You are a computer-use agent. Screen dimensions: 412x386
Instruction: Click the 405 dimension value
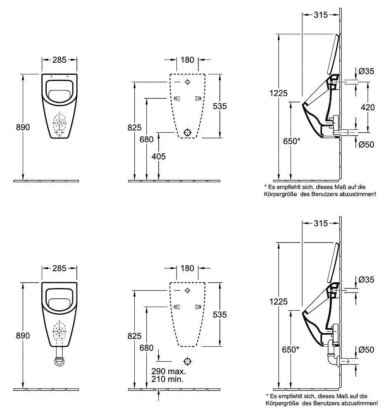coord(159,156)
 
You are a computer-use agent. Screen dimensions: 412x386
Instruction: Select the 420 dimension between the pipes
coord(367,107)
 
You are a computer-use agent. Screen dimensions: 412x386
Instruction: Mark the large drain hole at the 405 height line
coord(187,132)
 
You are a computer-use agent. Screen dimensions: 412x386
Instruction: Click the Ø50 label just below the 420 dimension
coord(366,144)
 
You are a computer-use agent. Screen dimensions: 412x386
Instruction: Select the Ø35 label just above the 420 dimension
coord(366,71)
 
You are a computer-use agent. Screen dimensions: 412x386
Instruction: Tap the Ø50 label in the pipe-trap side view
coord(366,350)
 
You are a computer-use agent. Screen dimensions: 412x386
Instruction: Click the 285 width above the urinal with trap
coord(60,268)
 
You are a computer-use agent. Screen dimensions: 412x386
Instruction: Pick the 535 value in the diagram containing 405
coord(220,106)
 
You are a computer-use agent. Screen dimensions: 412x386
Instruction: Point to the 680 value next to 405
coord(146,140)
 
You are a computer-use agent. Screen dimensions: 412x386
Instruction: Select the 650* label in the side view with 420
coord(292,141)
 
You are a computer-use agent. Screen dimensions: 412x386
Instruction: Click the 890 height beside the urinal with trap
coord(23,336)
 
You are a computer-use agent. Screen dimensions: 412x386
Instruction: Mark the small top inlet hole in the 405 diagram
coord(187,81)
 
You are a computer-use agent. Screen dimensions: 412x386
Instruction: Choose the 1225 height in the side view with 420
coord(279,93)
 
